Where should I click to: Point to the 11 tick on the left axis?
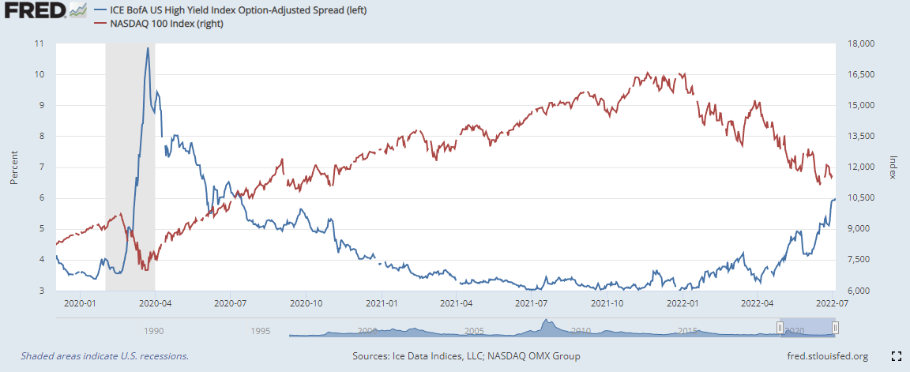(x=39, y=43)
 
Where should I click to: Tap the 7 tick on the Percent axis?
(x=41, y=167)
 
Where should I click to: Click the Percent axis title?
(x=14, y=167)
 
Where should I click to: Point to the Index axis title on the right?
(x=893, y=167)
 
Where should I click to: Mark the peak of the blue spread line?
(x=148, y=48)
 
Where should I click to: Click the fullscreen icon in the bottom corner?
(x=897, y=356)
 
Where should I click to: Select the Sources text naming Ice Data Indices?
(x=465, y=356)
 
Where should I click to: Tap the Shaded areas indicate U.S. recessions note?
(x=104, y=356)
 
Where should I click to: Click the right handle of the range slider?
(x=835, y=329)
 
